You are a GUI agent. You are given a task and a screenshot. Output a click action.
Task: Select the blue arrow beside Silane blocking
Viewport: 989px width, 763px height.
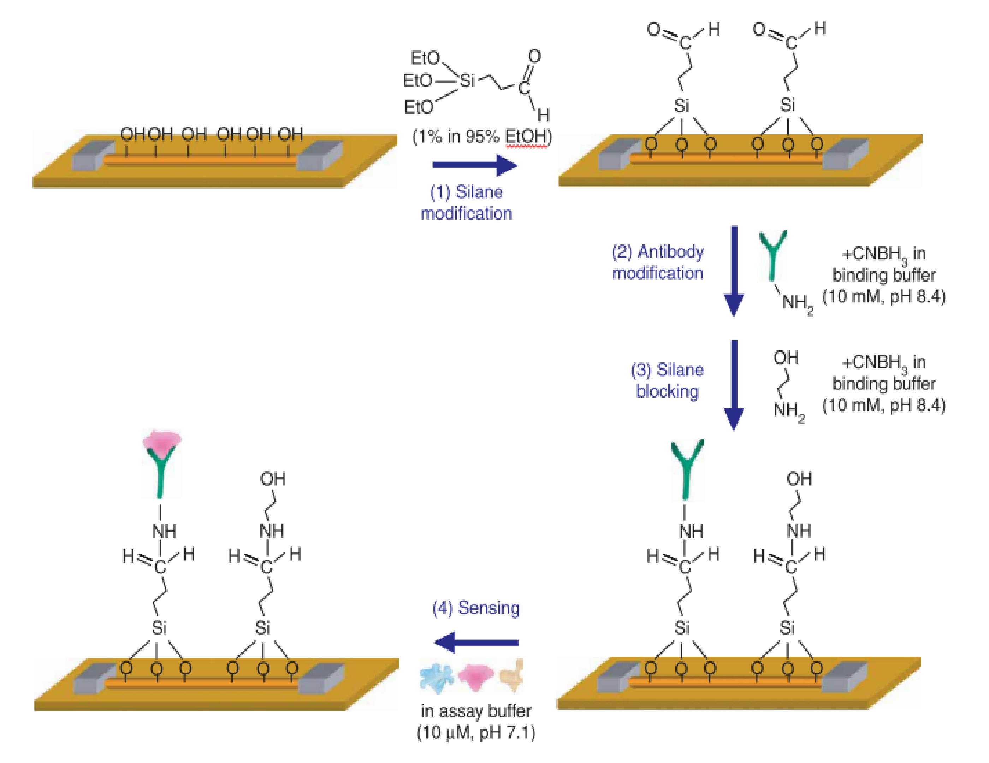734,385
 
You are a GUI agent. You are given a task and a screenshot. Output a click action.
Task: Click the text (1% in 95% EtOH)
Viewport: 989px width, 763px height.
481,137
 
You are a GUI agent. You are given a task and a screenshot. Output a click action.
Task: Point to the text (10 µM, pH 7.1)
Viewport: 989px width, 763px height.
475,732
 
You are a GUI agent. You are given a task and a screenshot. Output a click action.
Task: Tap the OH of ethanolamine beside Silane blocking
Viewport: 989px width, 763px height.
786,358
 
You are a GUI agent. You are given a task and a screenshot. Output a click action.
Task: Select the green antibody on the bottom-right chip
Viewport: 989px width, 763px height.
687,469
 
